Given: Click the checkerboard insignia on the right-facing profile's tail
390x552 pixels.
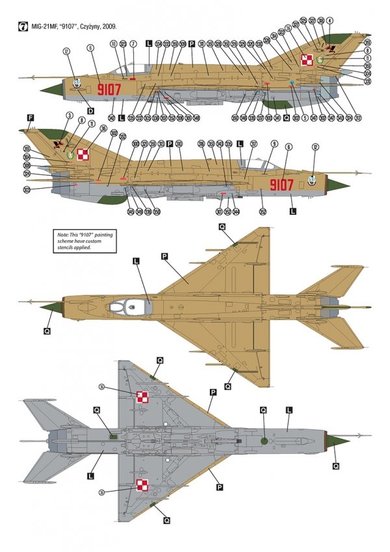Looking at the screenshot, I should click(82, 154).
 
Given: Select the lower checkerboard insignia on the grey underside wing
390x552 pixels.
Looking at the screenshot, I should click(142, 485).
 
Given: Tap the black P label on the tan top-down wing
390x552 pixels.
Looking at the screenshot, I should click(165, 257).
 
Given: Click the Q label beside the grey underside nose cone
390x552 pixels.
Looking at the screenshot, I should click(336, 465).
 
